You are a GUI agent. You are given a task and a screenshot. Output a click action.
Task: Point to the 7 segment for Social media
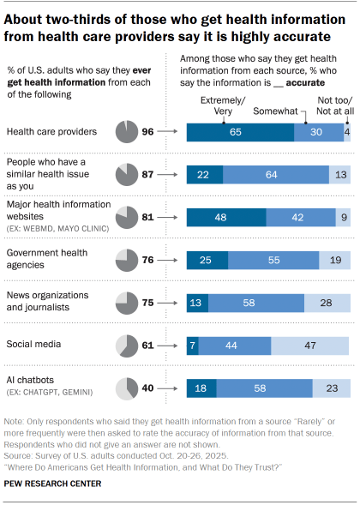click(193, 345)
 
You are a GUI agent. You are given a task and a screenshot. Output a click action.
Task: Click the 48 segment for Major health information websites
click(219, 217)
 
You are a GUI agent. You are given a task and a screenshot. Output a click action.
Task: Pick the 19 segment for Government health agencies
click(334, 259)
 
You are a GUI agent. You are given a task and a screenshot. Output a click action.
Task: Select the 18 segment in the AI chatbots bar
click(200, 388)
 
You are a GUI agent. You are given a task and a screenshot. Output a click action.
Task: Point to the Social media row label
click(32, 345)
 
